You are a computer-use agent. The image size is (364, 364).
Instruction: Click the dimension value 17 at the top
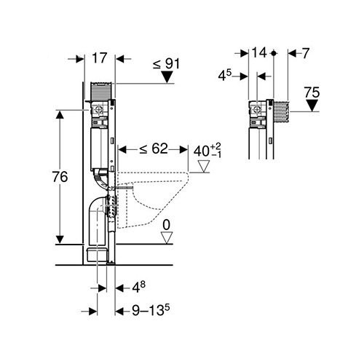point(100,58)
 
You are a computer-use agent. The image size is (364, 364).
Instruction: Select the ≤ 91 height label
point(166,64)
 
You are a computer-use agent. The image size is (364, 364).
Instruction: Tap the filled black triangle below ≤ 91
point(167,77)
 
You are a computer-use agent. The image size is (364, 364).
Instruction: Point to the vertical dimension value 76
point(60,177)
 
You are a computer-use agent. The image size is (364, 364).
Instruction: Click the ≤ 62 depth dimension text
point(154,149)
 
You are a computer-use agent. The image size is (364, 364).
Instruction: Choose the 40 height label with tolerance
point(207,151)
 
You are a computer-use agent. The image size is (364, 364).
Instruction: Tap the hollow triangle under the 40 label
point(203,166)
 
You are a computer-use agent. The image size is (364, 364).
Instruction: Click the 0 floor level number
point(166,225)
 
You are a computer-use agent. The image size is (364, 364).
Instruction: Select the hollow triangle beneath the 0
point(167,237)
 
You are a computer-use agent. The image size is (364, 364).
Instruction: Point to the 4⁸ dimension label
point(138,288)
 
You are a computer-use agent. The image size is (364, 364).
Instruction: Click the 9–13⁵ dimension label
point(151,310)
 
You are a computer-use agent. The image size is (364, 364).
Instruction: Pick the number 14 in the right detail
point(259,52)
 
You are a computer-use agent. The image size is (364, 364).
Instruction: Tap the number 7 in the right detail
point(306,53)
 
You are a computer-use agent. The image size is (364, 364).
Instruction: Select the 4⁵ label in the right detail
point(225,75)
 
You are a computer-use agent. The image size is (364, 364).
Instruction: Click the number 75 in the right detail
point(312,92)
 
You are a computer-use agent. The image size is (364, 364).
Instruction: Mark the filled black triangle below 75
point(312,106)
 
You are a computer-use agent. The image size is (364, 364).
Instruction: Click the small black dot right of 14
point(274,53)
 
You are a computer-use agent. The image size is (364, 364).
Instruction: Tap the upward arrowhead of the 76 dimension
point(60,114)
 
